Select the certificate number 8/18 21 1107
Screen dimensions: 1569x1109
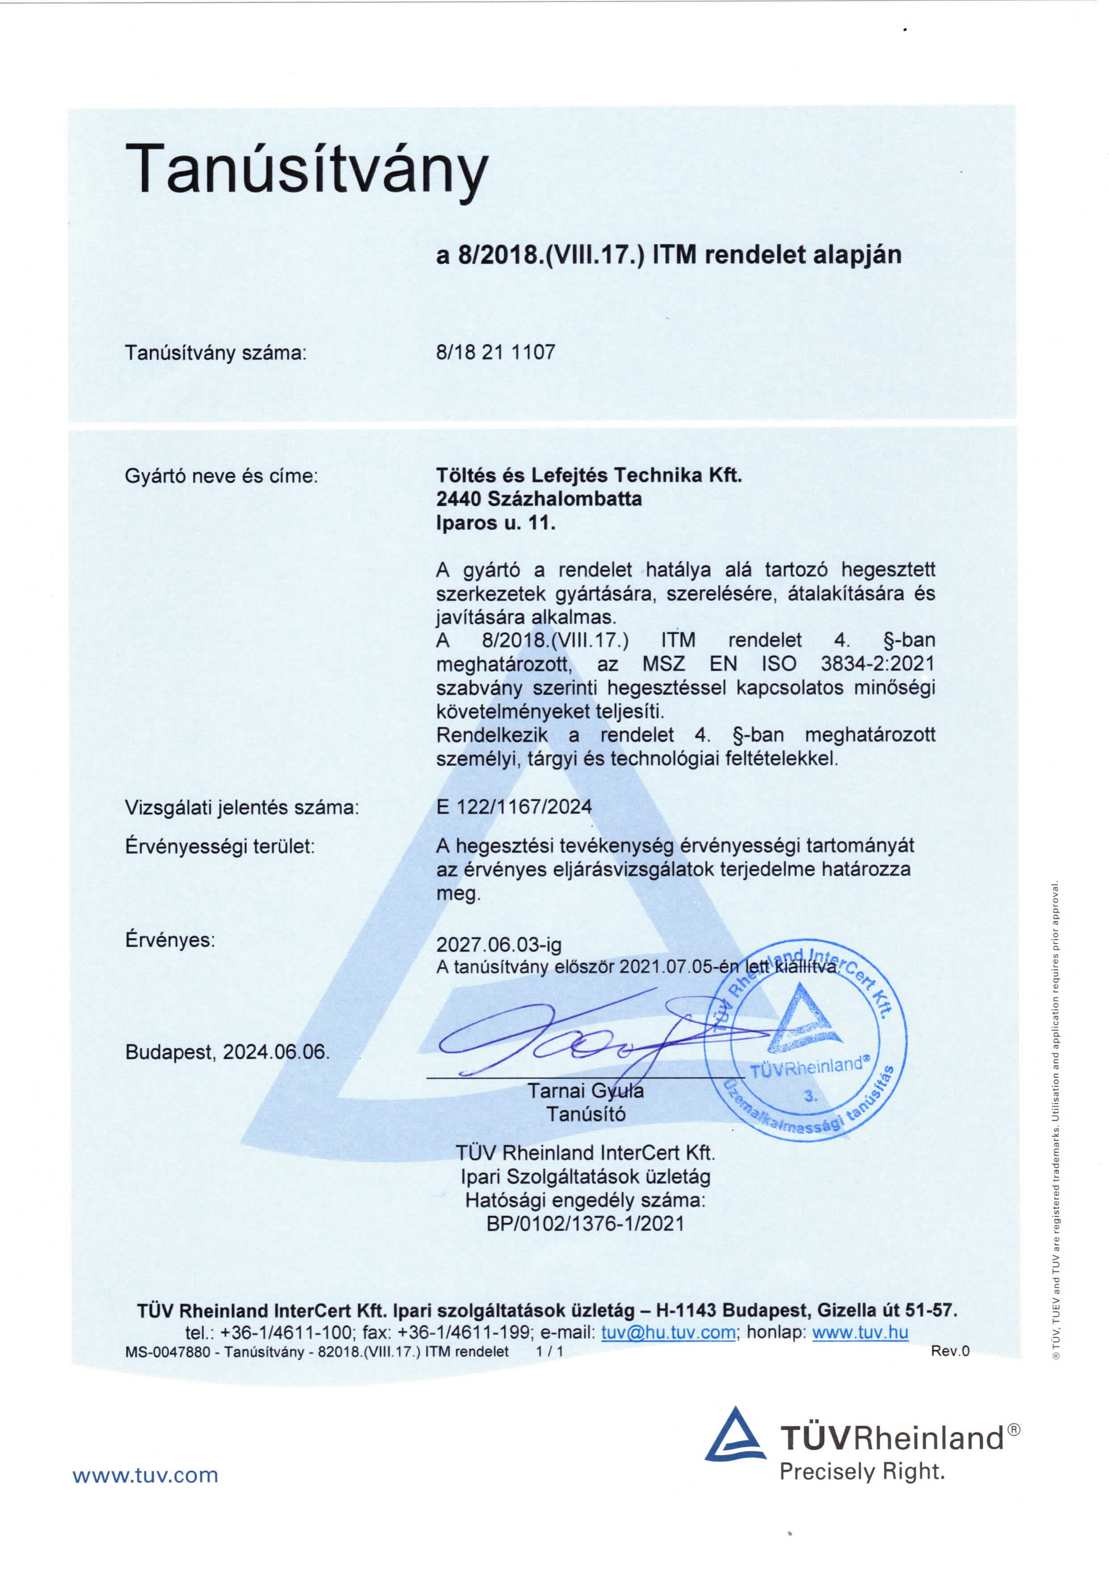click(495, 353)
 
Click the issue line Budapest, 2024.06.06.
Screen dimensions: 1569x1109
click(227, 1052)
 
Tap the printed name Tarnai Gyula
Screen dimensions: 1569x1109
click(585, 1091)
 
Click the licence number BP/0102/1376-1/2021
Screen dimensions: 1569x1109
click(585, 1223)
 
